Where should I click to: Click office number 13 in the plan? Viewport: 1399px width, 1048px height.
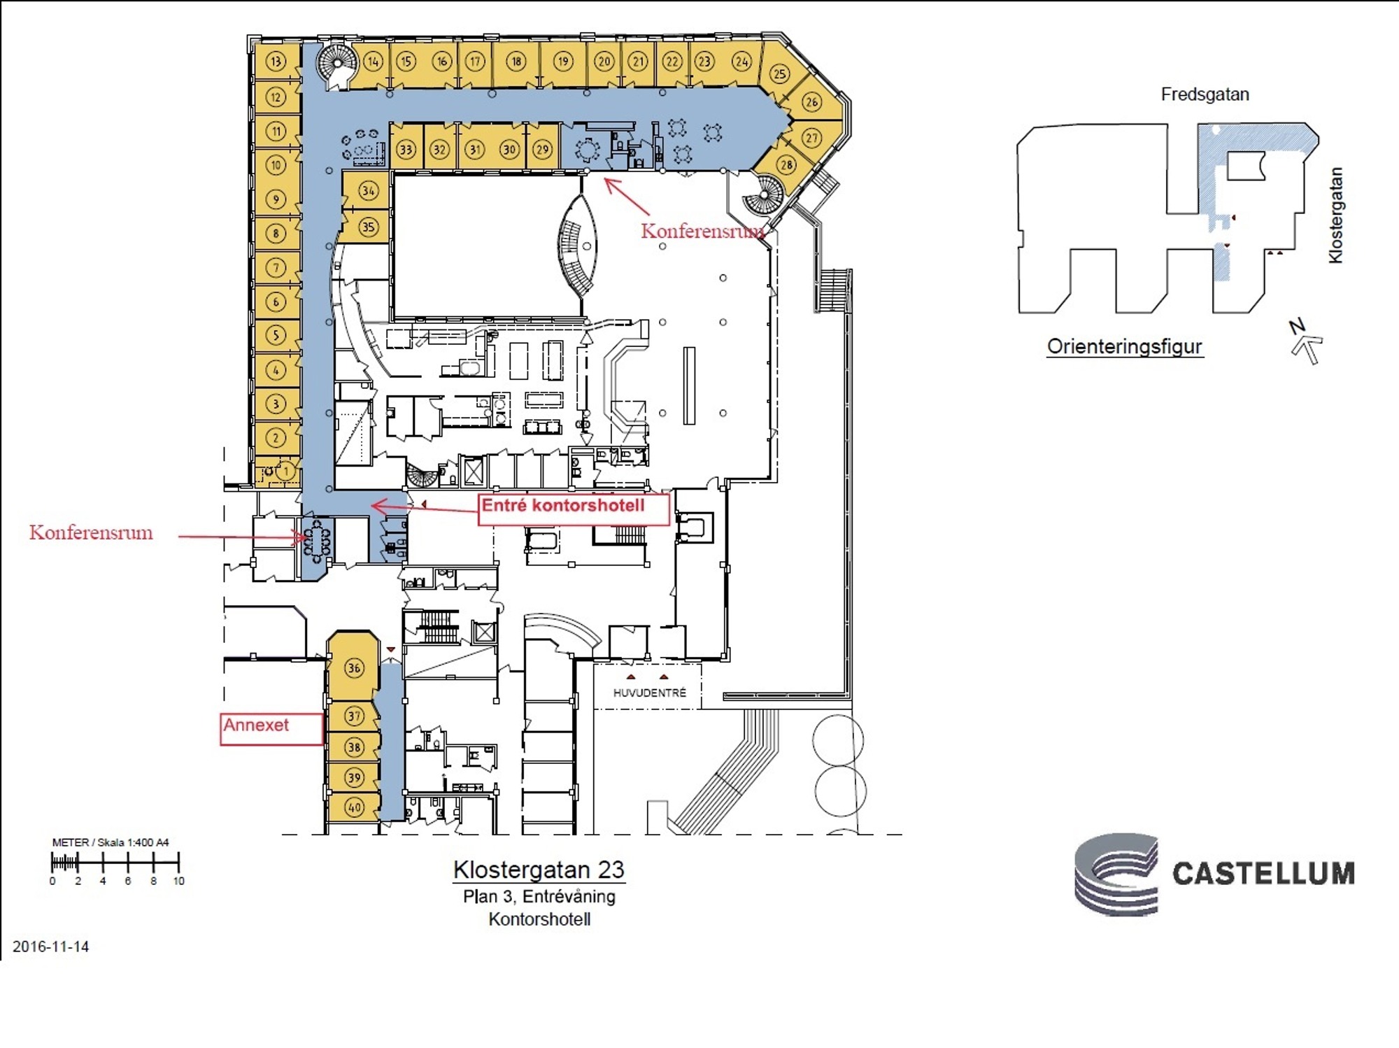276,62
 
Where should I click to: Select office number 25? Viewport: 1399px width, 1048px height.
780,73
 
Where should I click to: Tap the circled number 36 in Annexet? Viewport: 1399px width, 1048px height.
355,668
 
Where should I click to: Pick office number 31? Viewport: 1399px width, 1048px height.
475,149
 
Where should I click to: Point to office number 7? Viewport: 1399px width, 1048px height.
276,267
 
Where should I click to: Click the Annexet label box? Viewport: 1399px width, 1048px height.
272,729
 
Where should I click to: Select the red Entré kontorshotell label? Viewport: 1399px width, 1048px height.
574,509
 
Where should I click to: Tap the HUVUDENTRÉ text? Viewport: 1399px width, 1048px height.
650,693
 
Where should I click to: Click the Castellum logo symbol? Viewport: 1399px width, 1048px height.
1116,874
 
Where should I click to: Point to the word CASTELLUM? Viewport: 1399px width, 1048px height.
1263,874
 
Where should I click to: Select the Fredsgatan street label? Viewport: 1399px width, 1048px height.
1205,94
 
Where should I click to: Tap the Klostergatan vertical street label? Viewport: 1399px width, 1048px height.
1335,215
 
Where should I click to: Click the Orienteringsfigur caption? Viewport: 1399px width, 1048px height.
1125,347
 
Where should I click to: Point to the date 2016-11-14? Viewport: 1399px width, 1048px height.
51,947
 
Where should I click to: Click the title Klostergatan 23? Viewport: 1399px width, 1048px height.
539,870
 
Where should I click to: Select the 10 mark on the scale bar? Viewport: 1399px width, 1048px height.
179,881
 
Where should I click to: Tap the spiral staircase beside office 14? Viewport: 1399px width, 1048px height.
337,65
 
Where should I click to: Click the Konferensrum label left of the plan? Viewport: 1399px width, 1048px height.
91,532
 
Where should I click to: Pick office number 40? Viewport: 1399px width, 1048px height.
355,807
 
